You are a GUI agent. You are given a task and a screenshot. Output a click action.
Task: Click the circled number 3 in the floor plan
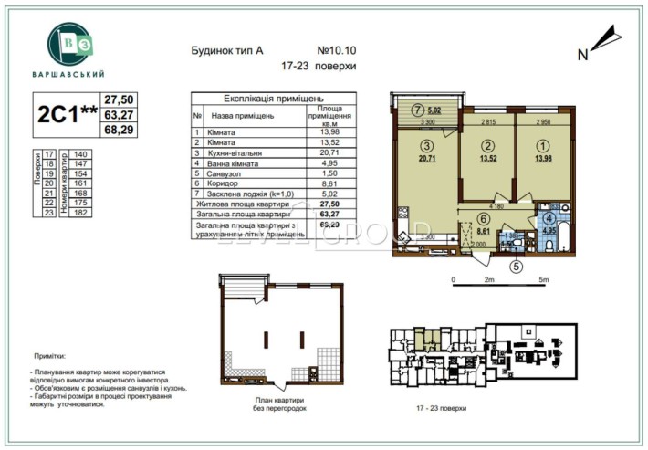coord(424,146)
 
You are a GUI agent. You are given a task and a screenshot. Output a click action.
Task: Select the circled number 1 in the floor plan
coord(544,146)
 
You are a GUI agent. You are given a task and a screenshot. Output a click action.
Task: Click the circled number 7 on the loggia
coord(416,110)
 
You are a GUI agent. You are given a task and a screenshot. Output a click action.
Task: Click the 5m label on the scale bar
coord(545,279)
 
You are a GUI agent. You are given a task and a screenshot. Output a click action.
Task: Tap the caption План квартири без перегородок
coord(281,404)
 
